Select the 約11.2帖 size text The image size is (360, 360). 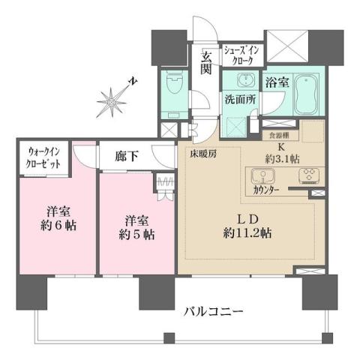point(246,233)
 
